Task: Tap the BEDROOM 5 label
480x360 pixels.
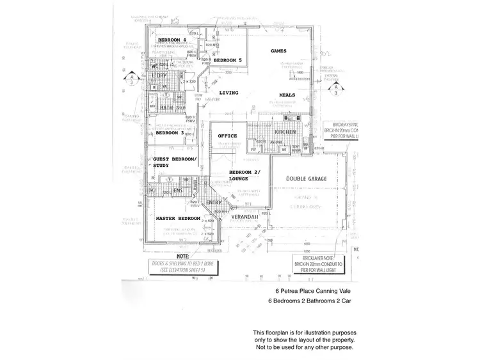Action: [x=227, y=60]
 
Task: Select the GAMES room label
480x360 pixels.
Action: [x=278, y=51]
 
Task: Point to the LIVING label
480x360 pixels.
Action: [x=228, y=93]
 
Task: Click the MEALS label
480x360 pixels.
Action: [x=287, y=95]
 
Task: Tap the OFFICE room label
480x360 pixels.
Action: [x=227, y=136]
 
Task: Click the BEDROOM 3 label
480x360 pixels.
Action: [x=170, y=133]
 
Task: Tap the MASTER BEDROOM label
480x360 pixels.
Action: [x=178, y=219]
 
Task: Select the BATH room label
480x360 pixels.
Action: [x=166, y=108]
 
